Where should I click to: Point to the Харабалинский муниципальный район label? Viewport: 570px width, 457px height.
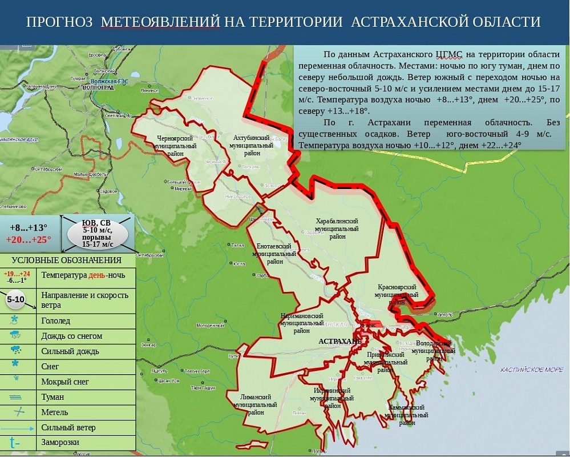pyautogui.click(x=337, y=228)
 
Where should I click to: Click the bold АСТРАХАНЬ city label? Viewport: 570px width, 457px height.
pyautogui.click(x=339, y=341)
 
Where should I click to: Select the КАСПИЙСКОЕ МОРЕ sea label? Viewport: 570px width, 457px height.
pyautogui.click(x=532, y=370)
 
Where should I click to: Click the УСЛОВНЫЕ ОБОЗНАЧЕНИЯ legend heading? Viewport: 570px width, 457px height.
pyautogui.click(x=67, y=260)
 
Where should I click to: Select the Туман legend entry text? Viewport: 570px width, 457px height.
pyautogui.click(x=52, y=397)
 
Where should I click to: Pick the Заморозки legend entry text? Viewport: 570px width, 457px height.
pyautogui.click(x=60, y=442)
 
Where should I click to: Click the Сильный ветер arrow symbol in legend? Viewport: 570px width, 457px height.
pyautogui.click(x=19, y=427)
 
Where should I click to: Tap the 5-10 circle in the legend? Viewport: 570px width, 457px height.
pyautogui.click(x=16, y=299)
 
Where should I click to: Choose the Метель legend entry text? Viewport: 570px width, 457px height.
pyautogui.click(x=54, y=412)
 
